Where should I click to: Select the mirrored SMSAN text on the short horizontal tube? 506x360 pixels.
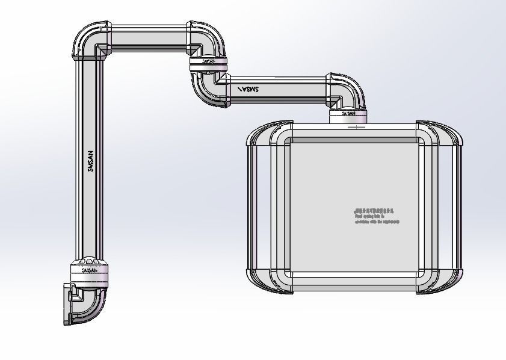click(248, 89)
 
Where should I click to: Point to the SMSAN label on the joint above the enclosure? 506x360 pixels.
click(348, 112)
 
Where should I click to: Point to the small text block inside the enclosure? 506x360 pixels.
click(375, 216)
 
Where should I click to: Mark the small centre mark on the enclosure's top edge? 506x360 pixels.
click(356, 127)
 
